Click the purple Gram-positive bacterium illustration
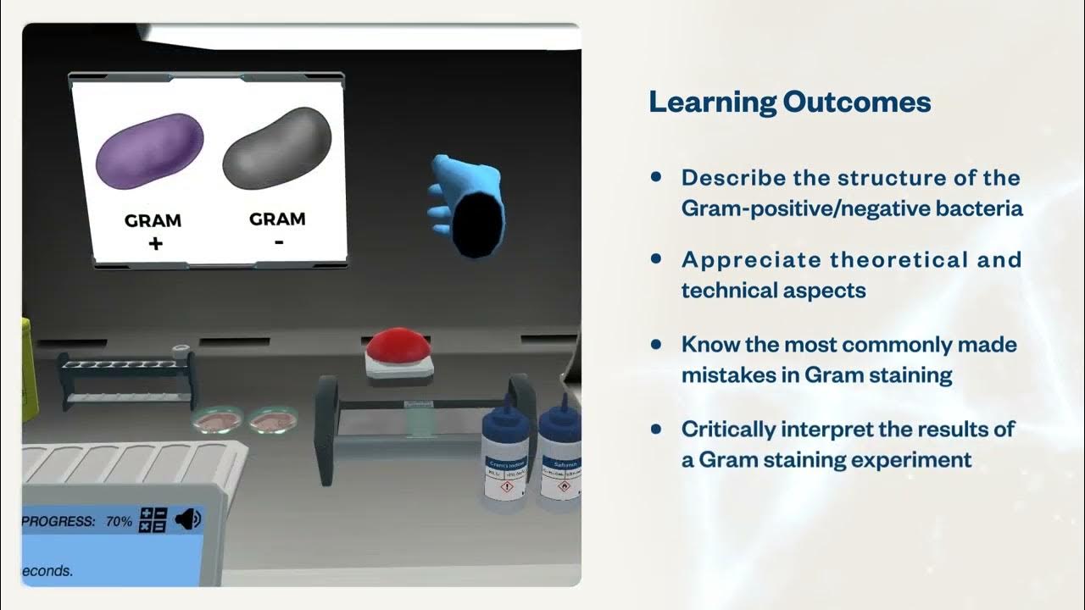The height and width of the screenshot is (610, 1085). click(150, 151)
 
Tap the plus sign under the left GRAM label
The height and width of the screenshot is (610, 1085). click(154, 244)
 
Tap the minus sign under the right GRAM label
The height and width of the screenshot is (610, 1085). click(279, 242)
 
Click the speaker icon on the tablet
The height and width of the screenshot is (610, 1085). click(187, 519)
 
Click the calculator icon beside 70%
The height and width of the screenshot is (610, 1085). click(153, 520)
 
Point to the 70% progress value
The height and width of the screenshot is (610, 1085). click(119, 522)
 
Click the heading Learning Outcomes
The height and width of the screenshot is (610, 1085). click(789, 103)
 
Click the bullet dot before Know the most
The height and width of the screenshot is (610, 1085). click(655, 344)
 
